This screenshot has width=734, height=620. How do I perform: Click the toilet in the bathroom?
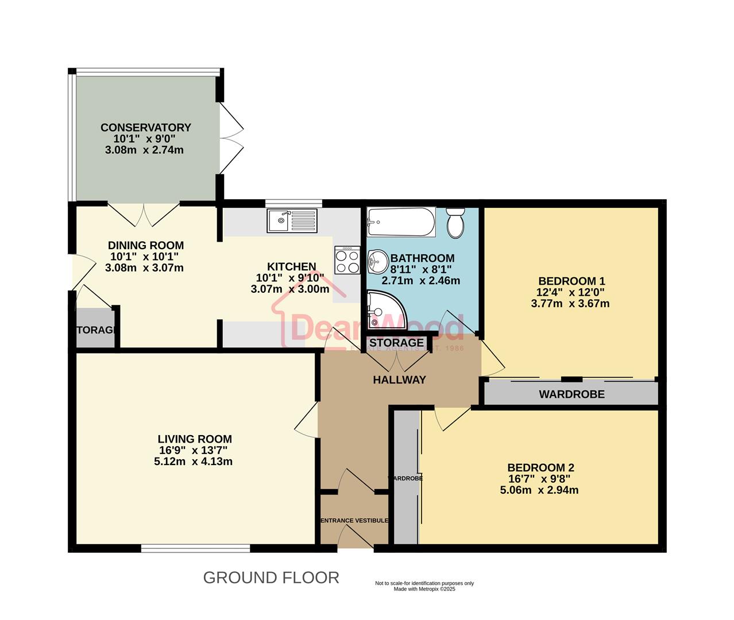click(455, 223)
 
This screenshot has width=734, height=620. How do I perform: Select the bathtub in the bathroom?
click(401, 223)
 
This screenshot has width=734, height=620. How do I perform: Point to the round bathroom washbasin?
click(377, 263)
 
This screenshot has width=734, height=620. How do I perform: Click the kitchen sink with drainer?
click(292, 220)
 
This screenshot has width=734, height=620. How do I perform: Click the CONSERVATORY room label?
click(145, 127)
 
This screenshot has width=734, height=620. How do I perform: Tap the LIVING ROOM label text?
click(195, 439)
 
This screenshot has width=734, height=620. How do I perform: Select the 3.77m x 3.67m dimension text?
click(570, 303)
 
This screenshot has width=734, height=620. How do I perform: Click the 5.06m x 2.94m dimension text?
click(539, 490)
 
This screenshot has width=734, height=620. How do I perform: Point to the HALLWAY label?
click(399, 379)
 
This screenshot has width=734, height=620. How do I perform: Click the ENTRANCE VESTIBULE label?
click(354, 520)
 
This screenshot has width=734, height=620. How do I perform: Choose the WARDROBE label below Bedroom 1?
click(571, 394)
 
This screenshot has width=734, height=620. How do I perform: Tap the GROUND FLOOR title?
click(271, 578)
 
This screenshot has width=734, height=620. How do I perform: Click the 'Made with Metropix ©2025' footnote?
click(424, 589)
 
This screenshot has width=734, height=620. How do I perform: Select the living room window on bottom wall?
click(195, 549)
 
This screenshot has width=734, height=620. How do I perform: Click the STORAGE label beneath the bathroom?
click(396, 343)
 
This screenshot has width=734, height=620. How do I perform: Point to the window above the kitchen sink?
click(293, 203)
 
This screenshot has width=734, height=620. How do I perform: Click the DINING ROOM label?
click(145, 245)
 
